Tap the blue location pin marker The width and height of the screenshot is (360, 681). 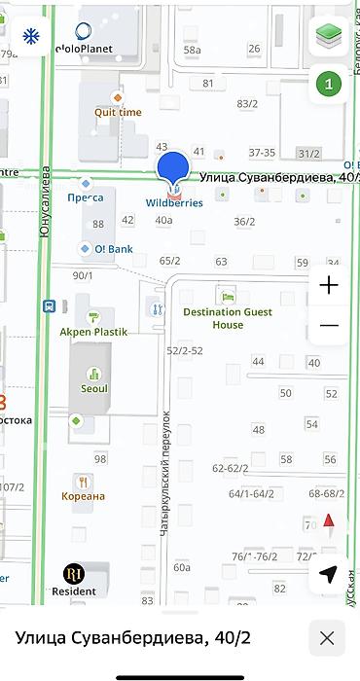point(173,168)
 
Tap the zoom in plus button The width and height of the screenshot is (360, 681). point(329,285)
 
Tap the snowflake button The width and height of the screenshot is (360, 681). point(31,37)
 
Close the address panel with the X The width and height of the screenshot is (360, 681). point(327,638)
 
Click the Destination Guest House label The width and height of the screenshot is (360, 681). point(227,318)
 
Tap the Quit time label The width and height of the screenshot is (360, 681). point(118,112)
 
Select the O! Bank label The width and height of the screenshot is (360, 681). point(113,249)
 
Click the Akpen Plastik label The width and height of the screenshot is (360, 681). point(94,331)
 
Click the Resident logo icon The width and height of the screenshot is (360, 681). point(74,573)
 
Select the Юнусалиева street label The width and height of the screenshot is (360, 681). point(45,205)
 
